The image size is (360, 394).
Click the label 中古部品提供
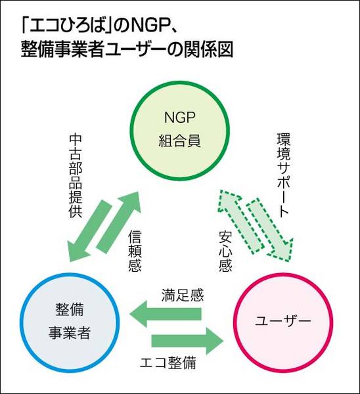[76, 177]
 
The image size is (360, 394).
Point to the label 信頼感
[135, 252]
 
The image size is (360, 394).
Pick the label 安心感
[225, 252]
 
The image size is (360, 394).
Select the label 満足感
[183, 295]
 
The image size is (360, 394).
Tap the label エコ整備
[168, 363]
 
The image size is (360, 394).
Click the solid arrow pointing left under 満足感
[166, 314]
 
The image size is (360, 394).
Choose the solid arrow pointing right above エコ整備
[187, 341]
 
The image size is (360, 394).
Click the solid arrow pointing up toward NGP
[118, 222]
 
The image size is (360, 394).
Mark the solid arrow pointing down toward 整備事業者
[89, 230]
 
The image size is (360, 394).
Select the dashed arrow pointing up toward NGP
[240, 221]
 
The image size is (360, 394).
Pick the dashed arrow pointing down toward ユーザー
[270, 230]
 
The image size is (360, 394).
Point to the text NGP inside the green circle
[179, 117]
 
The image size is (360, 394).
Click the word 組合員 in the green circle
[179, 140]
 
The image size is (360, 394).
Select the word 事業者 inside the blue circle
[70, 333]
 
